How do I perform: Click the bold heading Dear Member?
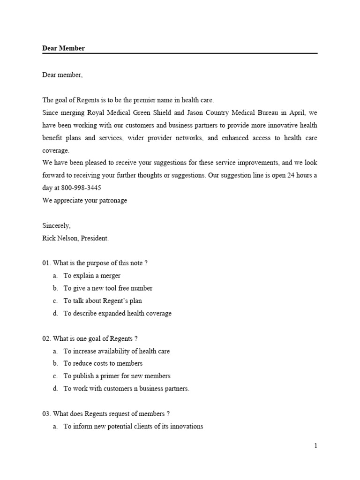[64, 48]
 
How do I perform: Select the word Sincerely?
[56, 225]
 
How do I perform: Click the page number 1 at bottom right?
[316, 446]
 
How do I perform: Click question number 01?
[46, 263]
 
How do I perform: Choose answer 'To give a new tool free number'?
[108, 288]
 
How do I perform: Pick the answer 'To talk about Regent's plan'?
[103, 301]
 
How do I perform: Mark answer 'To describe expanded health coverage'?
[118, 313]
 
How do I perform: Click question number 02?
[46, 338]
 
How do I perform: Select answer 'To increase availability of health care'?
[117, 351]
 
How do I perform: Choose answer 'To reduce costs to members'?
[103, 363]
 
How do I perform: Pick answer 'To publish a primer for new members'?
[117, 376]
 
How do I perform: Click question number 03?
[46, 413]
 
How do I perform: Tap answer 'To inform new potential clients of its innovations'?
[133, 426]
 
